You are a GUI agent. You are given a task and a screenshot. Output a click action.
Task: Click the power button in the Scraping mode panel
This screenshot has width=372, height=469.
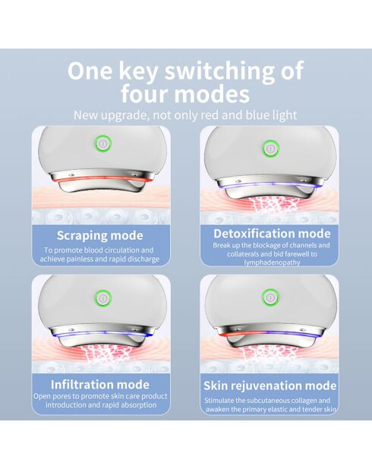point(101,145)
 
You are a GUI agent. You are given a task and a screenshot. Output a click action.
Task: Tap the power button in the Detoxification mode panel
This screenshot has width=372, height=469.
point(270,148)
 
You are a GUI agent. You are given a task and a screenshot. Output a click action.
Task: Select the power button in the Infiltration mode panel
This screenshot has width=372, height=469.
point(101,296)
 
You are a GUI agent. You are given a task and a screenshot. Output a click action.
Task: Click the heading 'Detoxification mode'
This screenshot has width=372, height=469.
point(272,233)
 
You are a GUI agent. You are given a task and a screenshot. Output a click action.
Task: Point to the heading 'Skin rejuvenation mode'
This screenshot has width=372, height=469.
point(270,386)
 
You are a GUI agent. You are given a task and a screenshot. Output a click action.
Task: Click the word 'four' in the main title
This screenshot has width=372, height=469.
point(149,95)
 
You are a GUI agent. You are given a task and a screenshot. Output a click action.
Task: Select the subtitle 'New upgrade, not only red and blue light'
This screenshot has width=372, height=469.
point(185,115)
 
